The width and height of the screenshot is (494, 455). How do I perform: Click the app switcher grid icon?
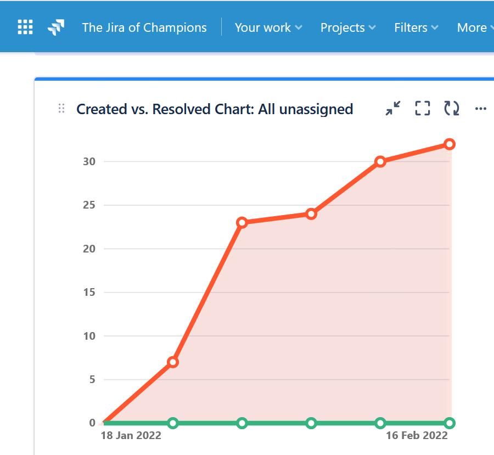25,27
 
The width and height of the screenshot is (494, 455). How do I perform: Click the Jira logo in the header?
56,27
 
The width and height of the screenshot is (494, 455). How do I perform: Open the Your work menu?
268,27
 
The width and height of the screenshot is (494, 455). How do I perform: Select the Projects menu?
347,27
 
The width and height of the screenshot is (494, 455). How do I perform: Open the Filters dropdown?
416,27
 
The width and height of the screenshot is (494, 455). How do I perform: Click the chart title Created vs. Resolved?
214,109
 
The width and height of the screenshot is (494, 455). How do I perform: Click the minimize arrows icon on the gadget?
393,108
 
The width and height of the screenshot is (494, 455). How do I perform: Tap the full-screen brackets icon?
422,108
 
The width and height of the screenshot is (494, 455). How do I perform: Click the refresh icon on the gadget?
452,108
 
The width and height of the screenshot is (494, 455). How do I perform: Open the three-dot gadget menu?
481,109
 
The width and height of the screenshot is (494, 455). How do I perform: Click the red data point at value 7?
173,362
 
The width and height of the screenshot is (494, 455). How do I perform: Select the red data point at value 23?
242,223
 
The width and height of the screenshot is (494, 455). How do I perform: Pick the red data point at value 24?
311,214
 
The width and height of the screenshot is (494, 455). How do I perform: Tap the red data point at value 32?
450,144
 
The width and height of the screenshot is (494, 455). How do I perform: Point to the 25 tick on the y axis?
89,205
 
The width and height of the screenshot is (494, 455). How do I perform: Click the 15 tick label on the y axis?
89,292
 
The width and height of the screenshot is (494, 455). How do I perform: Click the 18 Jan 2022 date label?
131,435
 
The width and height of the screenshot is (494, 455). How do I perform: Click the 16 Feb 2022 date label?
417,435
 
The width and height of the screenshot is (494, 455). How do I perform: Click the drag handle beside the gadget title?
61,109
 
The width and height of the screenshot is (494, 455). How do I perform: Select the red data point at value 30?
380,162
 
